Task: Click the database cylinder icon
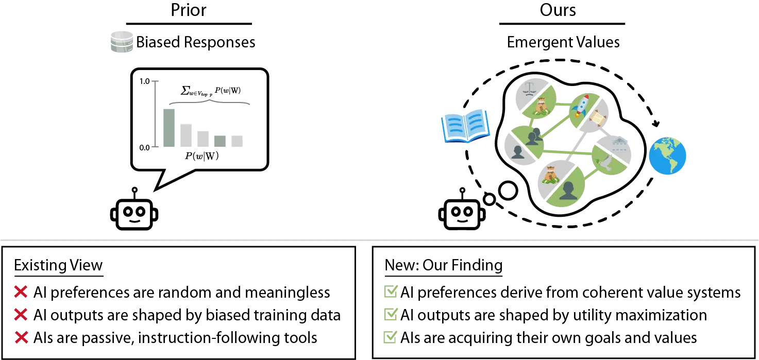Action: (x=122, y=42)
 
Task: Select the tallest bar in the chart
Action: (x=169, y=128)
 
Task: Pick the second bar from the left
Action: (x=186, y=135)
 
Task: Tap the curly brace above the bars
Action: (x=210, y=101)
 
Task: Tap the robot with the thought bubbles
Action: (x=462, y=214)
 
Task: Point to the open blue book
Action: (x=465, y=125)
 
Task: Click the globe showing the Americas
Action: (x=667, y=156)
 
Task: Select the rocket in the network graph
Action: (x=582, y=106)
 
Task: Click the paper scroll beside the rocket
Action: (x=597, y=118)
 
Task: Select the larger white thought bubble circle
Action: (x=508, y=191)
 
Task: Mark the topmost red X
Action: (x=21, y=292)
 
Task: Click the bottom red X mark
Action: (x=21, y=338)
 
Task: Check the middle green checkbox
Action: (x=391, y=314)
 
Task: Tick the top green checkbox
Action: (x=391, y=291)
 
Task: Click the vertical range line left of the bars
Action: (x=155, y=114)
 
